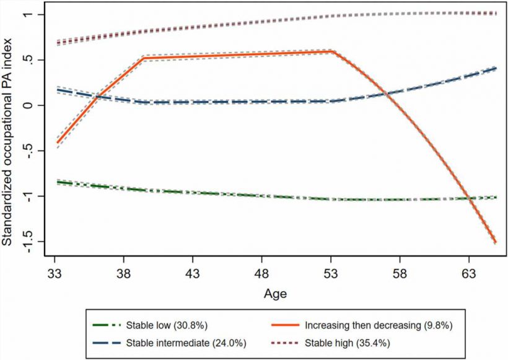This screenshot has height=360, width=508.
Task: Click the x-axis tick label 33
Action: coord(55,273)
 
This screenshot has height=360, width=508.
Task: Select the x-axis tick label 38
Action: coord(124,273)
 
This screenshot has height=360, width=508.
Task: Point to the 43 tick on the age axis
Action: coord(193,273)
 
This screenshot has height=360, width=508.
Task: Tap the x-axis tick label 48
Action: coord(261,273)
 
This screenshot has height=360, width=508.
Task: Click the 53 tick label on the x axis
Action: coord(331,273)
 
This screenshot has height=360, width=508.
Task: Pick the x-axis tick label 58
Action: coord(400,273)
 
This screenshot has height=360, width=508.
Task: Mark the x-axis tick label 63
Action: coord(468,273)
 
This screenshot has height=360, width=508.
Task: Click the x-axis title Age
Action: coord(276,293)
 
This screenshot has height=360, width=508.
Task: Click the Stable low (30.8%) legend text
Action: coord(163,325)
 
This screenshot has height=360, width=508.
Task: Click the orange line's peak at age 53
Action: coord(331,51)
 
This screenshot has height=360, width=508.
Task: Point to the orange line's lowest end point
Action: coord(496,242)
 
